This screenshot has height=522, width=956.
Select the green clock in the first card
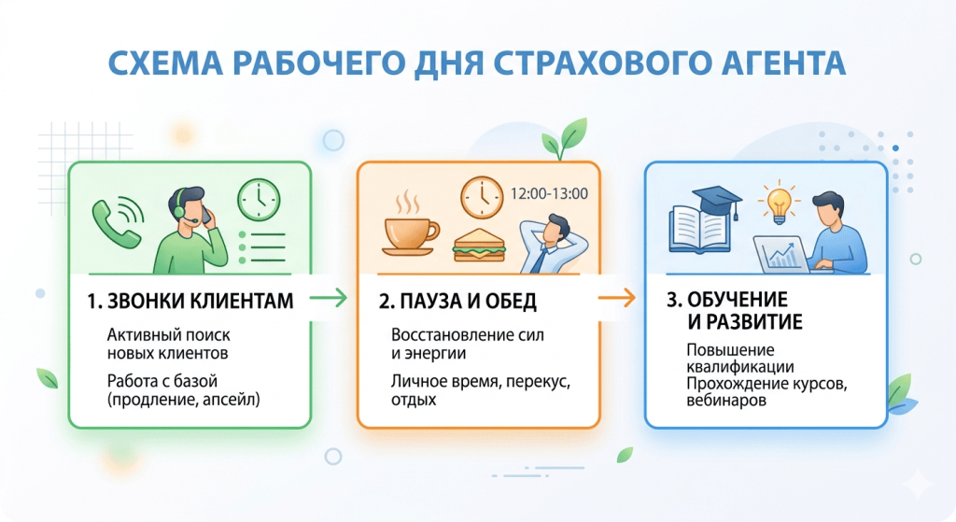[260, 200]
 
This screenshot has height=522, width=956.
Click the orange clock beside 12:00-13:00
[482, 198]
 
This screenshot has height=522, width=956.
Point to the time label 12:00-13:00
[549, 194]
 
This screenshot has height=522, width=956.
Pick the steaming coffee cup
[410, 232]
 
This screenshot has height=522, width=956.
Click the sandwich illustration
[479, 246]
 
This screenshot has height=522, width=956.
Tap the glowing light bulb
[779, 202]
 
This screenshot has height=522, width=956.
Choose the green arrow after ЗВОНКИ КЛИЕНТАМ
[328, 298]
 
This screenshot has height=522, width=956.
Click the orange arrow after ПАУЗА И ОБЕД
[616, 298]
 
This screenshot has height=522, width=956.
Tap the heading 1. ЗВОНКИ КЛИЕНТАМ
[190, 301]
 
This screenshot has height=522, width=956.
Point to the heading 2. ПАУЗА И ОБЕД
[457, 302]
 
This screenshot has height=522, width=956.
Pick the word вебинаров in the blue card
[726, 401]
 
